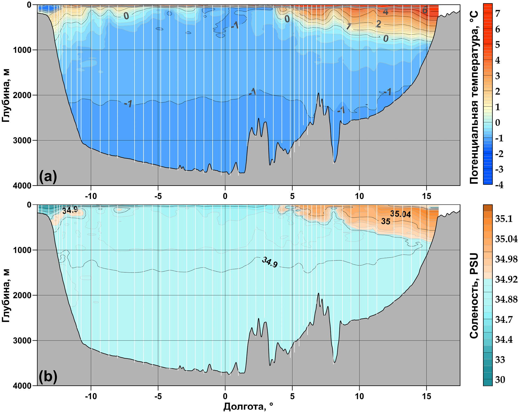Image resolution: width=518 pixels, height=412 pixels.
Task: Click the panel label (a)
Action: (x=48, y=176)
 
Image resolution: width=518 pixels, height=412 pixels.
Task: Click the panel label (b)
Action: (x=48, y=376)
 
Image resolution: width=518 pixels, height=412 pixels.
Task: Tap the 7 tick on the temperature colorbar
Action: (x=498, y=14)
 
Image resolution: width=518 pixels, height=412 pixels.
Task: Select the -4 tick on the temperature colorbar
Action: (x=499, y=185)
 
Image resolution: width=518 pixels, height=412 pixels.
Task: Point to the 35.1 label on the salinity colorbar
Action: (x=504, y=219)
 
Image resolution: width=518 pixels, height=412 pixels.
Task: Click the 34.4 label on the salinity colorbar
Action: (x=504, y=340)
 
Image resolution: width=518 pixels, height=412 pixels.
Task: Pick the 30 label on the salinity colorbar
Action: (x=500, y=380)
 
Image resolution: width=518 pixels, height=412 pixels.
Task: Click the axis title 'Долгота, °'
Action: (x=248, y=406)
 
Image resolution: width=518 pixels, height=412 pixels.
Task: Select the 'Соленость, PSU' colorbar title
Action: (x=474, y=296)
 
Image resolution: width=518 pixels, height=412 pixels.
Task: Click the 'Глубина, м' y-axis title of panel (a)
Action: (x=6, y=96)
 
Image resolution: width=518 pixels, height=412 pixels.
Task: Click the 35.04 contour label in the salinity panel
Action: (x=400, y=214)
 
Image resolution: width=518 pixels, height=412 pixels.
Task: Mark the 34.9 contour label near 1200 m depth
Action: (x=270, y=262)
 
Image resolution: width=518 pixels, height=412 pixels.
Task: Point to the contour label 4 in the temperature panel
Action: (x=385, y=12)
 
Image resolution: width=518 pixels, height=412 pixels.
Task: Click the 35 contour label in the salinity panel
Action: (x=386, y=221)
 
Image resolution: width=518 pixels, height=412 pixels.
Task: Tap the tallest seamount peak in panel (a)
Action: (x=318, y=93)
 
